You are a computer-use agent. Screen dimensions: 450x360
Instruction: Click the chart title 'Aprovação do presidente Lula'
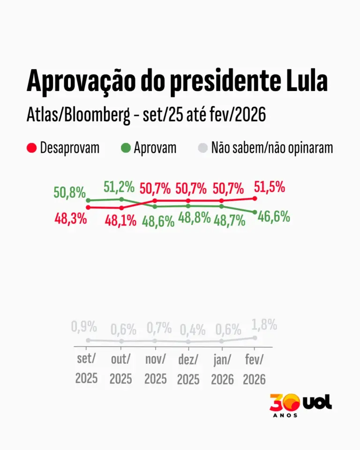177,81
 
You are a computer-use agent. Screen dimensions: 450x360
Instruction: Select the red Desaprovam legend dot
32,148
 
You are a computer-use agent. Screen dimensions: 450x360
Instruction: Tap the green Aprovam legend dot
125,148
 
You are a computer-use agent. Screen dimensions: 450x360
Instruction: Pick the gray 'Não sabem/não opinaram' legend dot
202,148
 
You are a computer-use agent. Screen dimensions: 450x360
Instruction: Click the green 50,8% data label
69,192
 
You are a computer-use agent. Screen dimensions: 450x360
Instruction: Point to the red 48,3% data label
70,218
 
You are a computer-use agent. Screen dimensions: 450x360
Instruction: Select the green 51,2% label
119,187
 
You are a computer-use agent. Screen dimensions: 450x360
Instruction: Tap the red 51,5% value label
270,187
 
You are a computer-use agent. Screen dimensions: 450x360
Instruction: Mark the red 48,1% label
120,220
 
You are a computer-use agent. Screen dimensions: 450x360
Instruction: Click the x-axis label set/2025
87,368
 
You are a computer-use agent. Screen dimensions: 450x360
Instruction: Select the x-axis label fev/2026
254,368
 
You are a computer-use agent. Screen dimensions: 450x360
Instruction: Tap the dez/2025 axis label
188,368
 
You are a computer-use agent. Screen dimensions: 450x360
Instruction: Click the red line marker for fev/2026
255,198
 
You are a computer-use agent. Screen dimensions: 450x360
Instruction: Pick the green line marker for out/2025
121,199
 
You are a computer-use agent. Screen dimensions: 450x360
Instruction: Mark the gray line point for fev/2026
255,337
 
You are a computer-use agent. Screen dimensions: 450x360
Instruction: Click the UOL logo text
317,402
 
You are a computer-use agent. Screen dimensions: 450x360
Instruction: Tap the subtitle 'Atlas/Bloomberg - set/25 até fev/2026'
146,114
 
